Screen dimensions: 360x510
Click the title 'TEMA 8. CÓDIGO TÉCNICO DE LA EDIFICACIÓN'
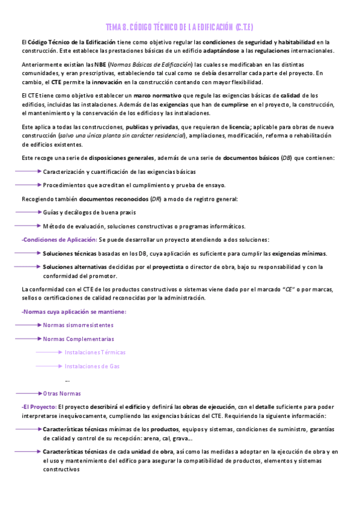[x=179, y=27]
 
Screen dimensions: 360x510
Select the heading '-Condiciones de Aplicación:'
[x=59, y=239]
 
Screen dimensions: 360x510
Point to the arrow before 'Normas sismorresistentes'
[x=28, y=325]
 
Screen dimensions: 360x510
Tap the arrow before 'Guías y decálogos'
[x=28, y=212]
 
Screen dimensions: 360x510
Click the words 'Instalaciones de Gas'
[x=93, y=366]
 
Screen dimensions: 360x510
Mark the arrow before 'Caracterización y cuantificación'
[x=28, y=171]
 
